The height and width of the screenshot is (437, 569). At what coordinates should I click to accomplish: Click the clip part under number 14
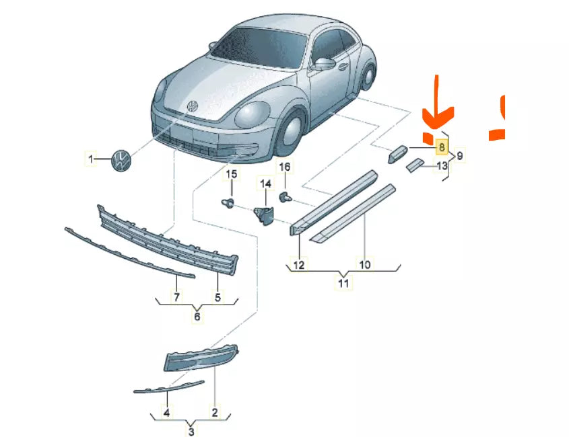(264, 212)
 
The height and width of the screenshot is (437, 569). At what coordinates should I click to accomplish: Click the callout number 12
(299, 265)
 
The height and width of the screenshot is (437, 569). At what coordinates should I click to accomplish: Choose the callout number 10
(364, 265)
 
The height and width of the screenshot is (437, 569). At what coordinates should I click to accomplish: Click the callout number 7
(177, 296)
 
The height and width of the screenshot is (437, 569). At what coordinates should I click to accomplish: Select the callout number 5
(218, 296)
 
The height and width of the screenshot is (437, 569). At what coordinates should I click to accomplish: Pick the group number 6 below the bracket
(197, 316)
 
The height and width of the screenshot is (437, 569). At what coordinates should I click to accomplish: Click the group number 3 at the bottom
(191, 431)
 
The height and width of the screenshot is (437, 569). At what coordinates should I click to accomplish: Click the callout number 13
(442, 165)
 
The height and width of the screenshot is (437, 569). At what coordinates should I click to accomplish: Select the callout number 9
(460, 156)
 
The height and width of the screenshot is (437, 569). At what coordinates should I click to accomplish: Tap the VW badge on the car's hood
(192, 107)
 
